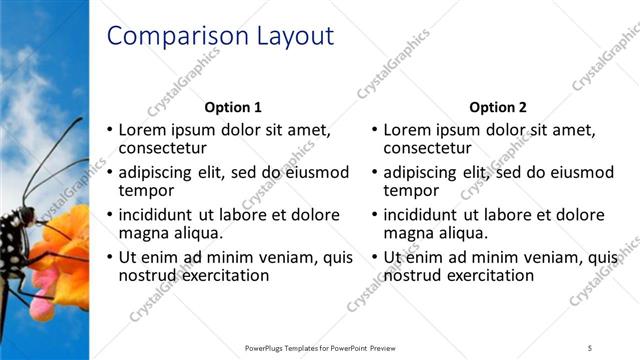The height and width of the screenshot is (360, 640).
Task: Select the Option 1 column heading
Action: pos(233,107)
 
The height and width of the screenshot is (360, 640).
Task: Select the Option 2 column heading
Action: pos(497,107)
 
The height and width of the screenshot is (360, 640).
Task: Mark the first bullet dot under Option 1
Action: pos(110,131)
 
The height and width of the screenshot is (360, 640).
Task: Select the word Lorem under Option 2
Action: pos(407,130)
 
